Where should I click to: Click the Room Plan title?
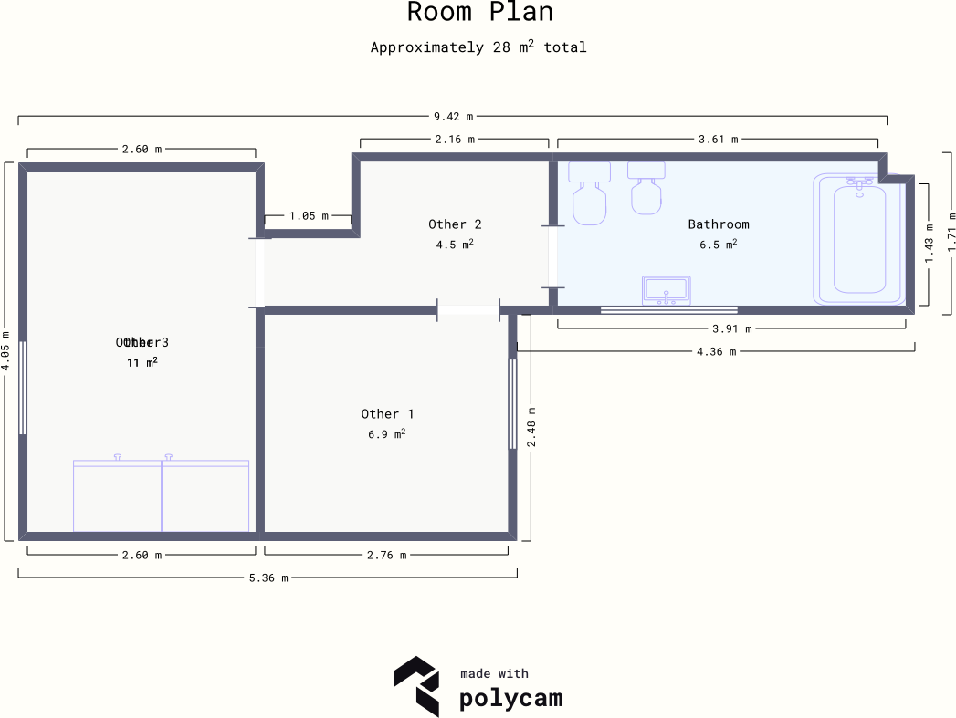[479, 13]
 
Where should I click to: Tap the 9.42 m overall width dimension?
[453, 117]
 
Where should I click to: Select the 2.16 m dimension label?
[454, 140]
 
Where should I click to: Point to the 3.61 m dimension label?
[717, 140]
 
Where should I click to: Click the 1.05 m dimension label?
[308, 216]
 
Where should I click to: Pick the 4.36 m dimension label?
[715, 351]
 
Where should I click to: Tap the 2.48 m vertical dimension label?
[531, 427]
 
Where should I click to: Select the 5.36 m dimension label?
[268, 578]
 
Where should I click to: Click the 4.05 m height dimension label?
[6, 349]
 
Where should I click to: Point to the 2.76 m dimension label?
[386, 555]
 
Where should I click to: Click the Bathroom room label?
[718, 224]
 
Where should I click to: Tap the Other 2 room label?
[454, 224]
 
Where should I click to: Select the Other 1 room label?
[387, 414]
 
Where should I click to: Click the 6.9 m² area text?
[386, 434]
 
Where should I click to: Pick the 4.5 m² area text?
[454, 245]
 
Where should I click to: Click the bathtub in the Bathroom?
[859, 239]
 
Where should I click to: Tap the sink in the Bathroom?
[667, 290]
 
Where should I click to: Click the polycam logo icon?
[416, 685]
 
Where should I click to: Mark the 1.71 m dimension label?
[951, 232]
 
